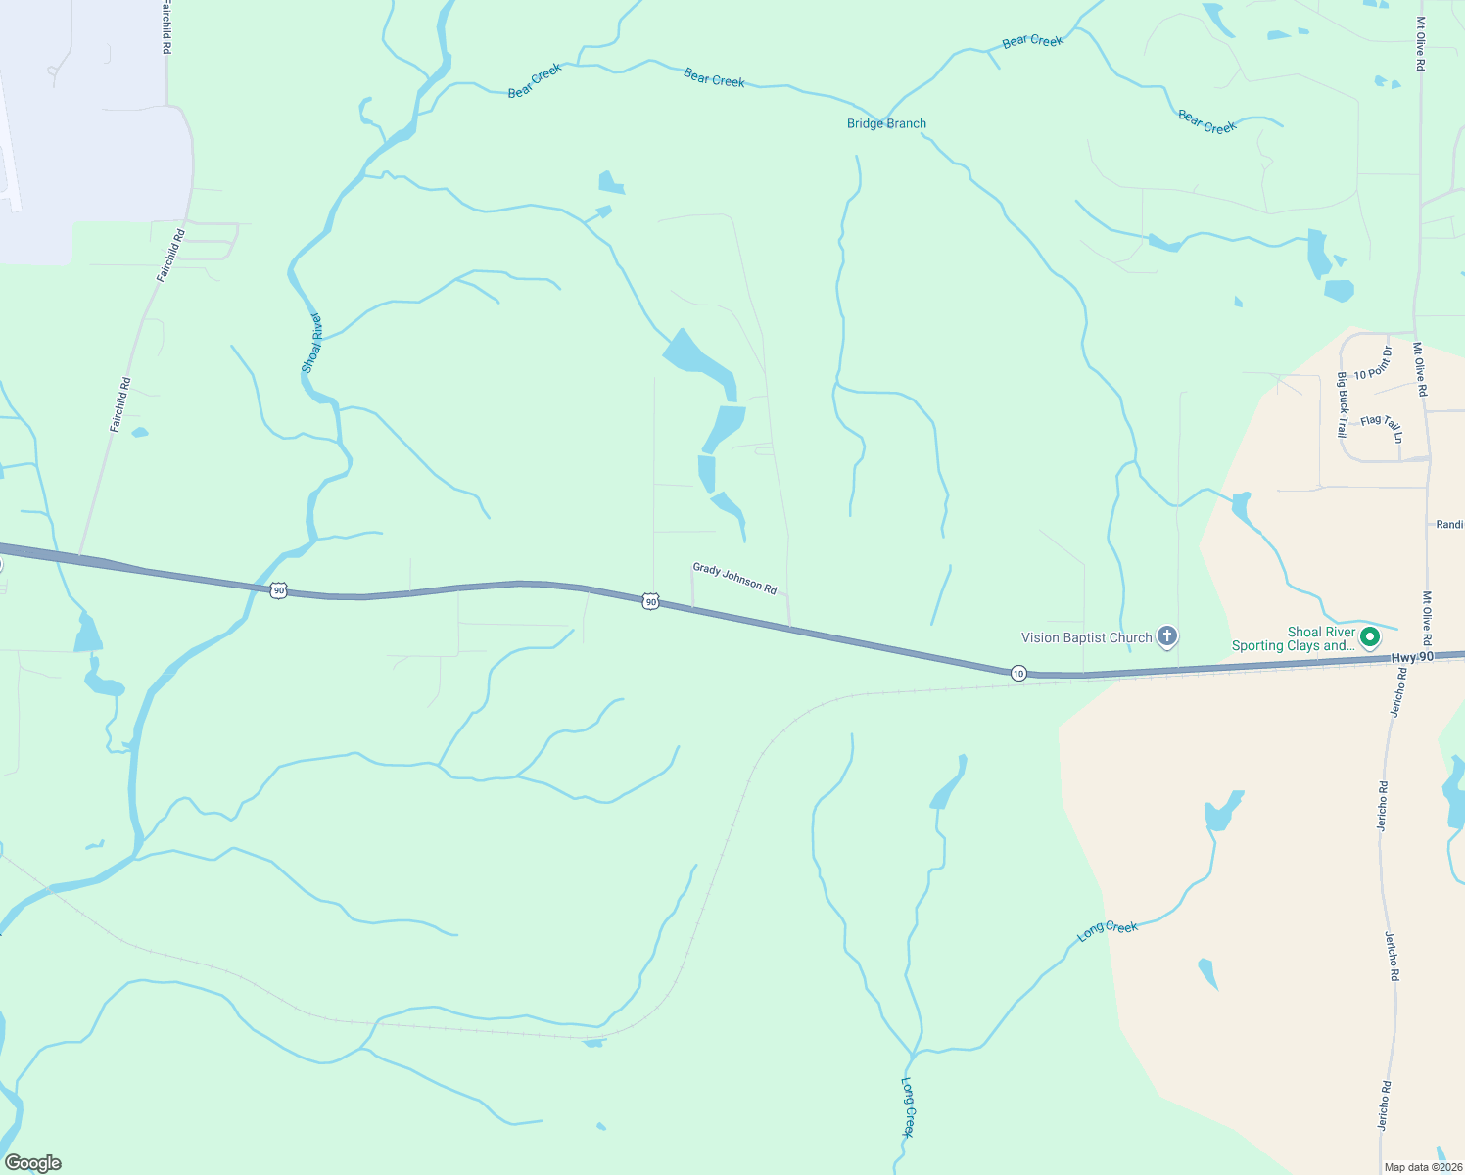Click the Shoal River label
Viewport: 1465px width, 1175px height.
(311, 343)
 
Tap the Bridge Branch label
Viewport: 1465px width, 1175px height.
(886, 123)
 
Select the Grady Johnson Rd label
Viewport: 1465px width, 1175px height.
(734, 578)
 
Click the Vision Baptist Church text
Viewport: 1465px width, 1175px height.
(1086, 637)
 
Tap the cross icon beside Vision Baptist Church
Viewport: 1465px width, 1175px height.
(1166, 637)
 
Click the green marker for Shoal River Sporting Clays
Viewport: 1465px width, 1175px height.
(1370, 637)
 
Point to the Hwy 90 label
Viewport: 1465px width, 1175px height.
(1412, 656)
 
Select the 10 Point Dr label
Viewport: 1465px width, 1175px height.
(1373, 363)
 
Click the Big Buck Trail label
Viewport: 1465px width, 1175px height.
(1342, 404)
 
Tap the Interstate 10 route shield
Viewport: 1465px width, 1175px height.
(1018, 673)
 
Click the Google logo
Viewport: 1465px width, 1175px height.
(32, 1163)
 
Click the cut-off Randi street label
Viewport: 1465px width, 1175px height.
(1449, 525)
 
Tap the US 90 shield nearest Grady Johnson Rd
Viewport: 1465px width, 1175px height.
(650, 600)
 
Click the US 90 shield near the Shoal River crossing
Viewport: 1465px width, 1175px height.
(279, 589)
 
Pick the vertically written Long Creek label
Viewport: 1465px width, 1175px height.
(907, 1107)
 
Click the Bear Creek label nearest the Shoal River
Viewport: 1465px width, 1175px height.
(535, 80)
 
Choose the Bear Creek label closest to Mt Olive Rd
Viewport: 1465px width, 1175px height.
(1207, 122)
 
